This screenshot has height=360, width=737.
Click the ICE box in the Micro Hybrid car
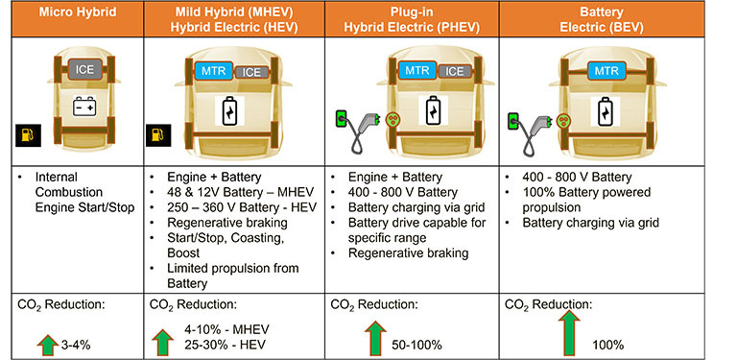(x=84, y=69)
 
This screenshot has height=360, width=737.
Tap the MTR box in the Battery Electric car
(x=606, y=71)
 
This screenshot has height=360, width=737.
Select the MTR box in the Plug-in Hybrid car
(x=417, y=71)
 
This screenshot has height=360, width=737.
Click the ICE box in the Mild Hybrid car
(x=251, y=72)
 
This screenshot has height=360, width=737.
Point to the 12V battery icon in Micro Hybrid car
(x=84, y=106)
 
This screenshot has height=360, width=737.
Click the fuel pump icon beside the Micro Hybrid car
(x=28, y=135)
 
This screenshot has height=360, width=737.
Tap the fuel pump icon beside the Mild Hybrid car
(x=158, y=135)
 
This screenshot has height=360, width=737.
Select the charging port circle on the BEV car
(x=561, y=120)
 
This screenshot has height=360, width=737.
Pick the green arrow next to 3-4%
(x=47, y=345)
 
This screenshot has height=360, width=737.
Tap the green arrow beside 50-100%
(x=375, y=338)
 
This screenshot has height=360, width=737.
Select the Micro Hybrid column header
(x=78, y=12)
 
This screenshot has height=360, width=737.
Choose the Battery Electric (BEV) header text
(x=601, y=19)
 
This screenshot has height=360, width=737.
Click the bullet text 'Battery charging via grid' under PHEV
(x=416, y=207)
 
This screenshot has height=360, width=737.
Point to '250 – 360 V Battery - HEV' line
(x=242, y=207)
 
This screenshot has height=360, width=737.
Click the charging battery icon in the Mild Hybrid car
(x=230, y=111)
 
